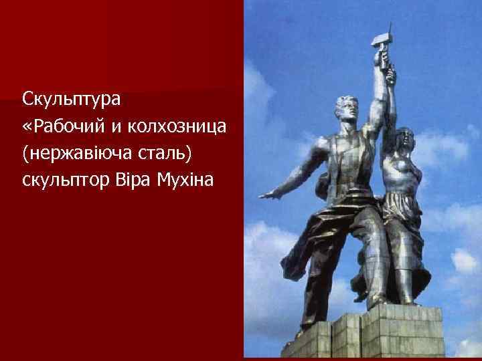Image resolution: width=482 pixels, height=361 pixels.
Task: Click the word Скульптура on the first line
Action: click(71, 100)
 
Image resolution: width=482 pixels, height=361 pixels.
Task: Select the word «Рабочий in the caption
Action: click(64, 127)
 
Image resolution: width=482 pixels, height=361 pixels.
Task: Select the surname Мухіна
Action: click(186, 180)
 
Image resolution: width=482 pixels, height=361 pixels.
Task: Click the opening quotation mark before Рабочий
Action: click(27, 128)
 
